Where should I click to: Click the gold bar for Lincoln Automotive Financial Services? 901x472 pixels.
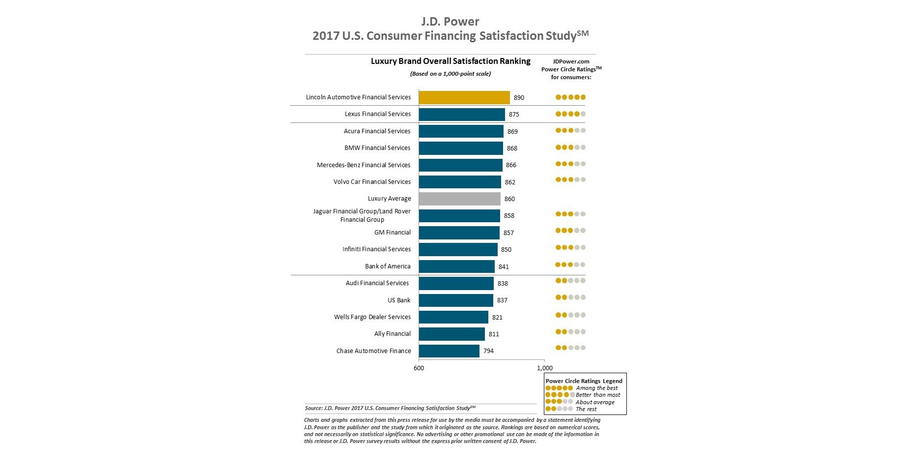pyautogui.click(x=464, y=97)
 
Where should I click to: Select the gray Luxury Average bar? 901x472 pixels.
pyautogui.click(x=459, y=199)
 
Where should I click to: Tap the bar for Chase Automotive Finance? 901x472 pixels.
pyautogui.click(x=449, y=351)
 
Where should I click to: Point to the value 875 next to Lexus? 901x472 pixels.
pyautogui.click(x=514, y=114)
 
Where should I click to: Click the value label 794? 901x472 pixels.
pyautogui.click(x=488, y=351)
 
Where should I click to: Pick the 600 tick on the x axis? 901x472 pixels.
pyautogui.click(x=419, y=368)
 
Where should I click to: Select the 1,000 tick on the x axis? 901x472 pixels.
pyautogui.click(x=544, y=368)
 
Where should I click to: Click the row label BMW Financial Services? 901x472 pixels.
pyautogui.click(x=377, y=147)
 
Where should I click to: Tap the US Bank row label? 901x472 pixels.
pyautogui.click(x=398, y=300)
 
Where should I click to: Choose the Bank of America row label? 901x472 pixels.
pyautogui.click(x=387, y=266)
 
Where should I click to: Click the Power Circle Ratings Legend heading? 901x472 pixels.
pyautogui.click(x=584, y=381)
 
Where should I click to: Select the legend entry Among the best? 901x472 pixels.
pyautogui.click(x=596, y=388)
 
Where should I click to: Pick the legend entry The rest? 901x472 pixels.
pyautogui.click(x=586, y=409)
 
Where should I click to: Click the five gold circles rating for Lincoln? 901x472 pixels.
pyautogui.click(x=570, y=97)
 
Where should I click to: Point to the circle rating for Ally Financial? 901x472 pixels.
pyautogui.click(x=570, y=332)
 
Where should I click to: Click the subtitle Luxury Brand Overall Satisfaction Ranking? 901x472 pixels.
pyautogui.click(x=450, y=61)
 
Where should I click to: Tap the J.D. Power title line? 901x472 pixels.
pyautogui.click(x=450, y=22)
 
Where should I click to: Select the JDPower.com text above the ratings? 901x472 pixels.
pyautogui.click(x=571, y=61)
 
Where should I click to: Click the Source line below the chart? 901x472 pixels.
pyautogui.click(x=390, y=408)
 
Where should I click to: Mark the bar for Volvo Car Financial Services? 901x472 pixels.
pyautogui.click(x=459, y=182)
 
